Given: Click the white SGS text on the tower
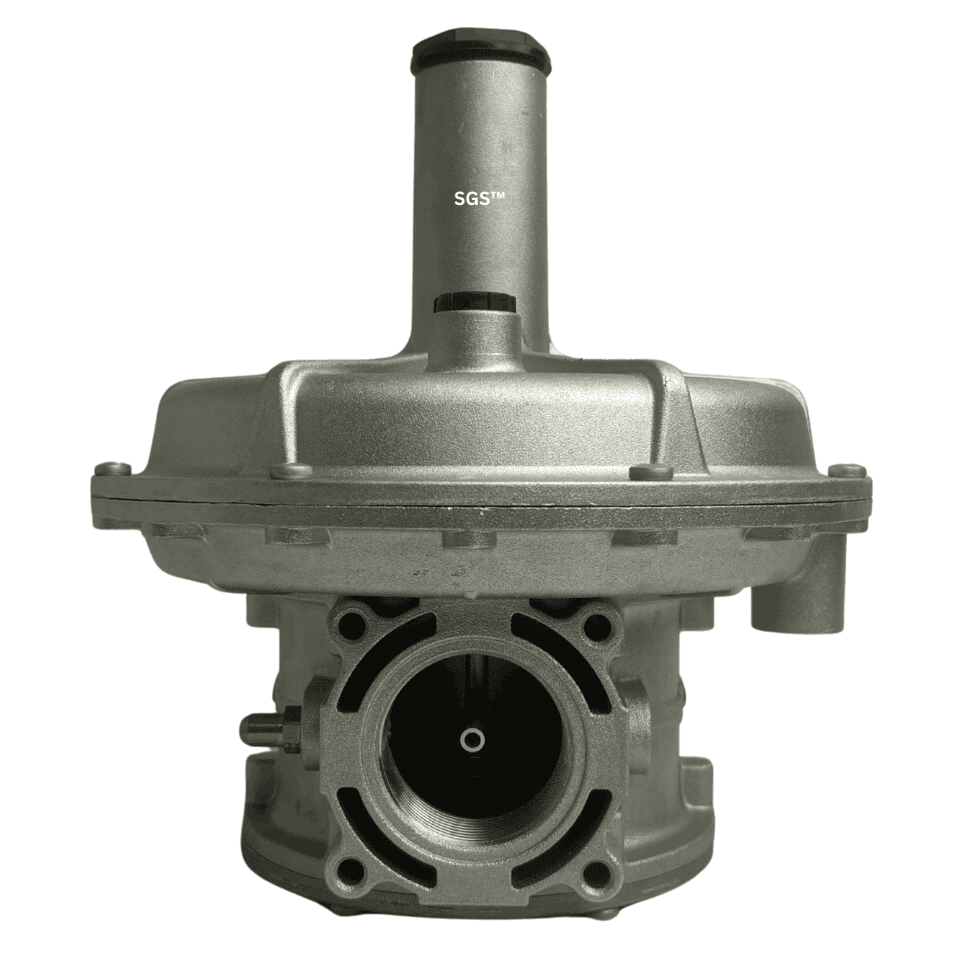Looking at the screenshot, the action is click(479, 198).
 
